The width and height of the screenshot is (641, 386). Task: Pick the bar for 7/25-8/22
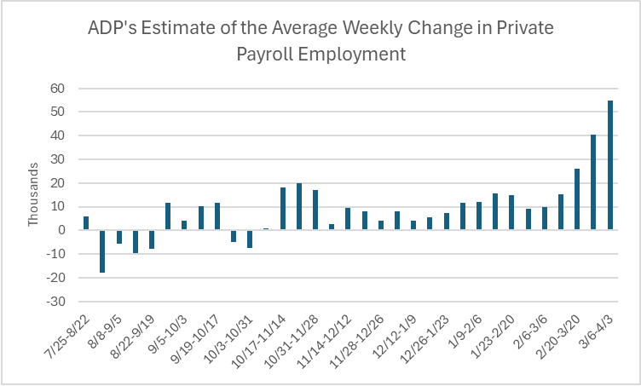click(86, 223)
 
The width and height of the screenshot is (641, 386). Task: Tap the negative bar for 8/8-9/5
click(119, 237)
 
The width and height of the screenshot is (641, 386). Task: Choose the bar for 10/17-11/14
click(283, 209)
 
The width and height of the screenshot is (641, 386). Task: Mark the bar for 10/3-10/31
click(250, 239)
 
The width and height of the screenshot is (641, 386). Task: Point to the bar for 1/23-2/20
click(511, 213)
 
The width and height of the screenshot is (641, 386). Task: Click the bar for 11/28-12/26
click(381, 226)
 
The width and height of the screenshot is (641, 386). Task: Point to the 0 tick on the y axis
click(62, 230)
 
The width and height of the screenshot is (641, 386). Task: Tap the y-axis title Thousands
click(33, 194)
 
